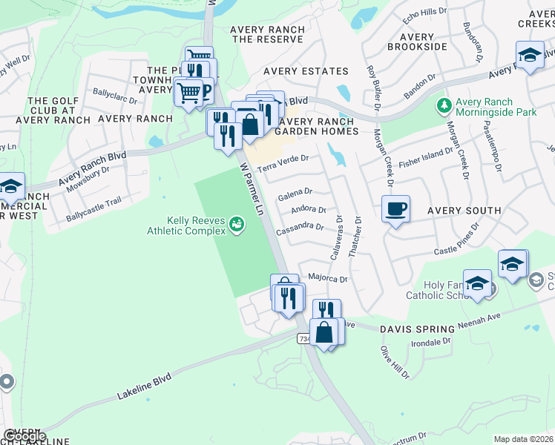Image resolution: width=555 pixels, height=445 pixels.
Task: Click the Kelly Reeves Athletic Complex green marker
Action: click(x=237, y=223)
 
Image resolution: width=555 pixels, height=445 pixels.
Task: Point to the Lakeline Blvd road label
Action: click(x=144, y=388)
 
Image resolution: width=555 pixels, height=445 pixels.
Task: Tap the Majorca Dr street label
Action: click(x=328, y=279)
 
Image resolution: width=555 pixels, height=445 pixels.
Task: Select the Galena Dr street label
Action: click(x=295, y=194)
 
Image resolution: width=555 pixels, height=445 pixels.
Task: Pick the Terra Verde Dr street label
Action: click(x=282, y=162)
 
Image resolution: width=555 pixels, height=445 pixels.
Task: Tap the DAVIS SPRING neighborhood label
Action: click(x=417, y=329)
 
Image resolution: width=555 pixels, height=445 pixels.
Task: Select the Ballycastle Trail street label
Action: click(x=93, y=210)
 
